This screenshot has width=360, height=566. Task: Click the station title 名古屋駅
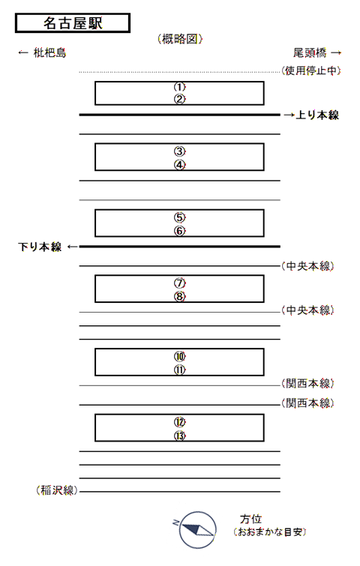(73, 23)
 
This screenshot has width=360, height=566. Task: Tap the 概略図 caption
(180, 39)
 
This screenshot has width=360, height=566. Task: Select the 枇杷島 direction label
(49, 53)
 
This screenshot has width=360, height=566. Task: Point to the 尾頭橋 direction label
(310, 53)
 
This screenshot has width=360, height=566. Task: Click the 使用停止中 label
(311, 70)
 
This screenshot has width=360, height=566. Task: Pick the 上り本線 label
(317, 115)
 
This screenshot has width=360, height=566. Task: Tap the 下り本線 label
(40, 247)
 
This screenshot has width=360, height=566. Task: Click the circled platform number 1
(179, 87)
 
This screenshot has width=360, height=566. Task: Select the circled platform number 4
(179, 165)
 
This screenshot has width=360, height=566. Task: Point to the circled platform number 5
(179, 217)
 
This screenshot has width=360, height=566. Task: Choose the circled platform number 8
(179, 296)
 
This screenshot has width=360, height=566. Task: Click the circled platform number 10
(179, 356)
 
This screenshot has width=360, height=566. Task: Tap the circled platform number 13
(179, 436)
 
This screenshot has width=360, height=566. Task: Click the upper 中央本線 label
(307, 266)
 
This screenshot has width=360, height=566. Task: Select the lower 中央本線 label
(307, 310)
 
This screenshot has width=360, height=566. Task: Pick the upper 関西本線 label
(307, 383)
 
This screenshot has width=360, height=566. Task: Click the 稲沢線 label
(57, 490)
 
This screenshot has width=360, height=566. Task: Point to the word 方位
(251, 519)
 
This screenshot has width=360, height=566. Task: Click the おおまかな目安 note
(269, 532)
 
